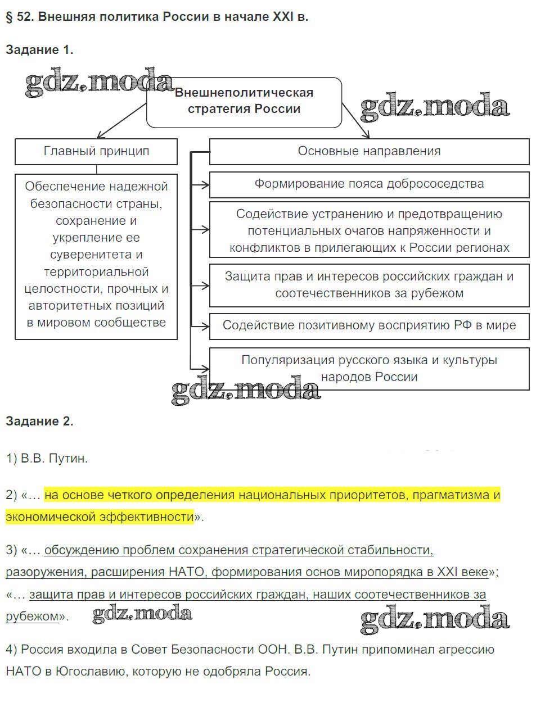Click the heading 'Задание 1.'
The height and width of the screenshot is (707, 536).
click(39, 49)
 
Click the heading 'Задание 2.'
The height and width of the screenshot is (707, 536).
click(39, 421)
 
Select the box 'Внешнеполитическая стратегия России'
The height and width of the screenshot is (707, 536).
click(244, 101)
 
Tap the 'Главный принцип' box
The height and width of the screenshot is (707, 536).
click(96, 151)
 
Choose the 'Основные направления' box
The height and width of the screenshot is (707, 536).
click(369, 151)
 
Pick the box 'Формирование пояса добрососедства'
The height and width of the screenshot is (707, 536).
click(369, 184)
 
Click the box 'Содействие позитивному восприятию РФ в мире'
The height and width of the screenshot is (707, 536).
click(369, 325)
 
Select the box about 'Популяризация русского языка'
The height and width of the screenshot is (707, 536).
click(369, 368)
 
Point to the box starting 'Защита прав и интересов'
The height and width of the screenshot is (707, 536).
click(369, 285)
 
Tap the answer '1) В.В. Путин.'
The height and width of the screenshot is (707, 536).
click(47, 458)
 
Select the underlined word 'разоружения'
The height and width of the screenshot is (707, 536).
click(45, 572)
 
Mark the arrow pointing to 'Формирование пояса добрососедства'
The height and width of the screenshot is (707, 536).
click(200, 184)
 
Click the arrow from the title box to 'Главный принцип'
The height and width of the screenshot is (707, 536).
click(121, 120)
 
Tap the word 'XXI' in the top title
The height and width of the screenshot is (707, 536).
click(283, 16)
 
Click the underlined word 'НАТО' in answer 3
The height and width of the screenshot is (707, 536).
click(187, 572)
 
